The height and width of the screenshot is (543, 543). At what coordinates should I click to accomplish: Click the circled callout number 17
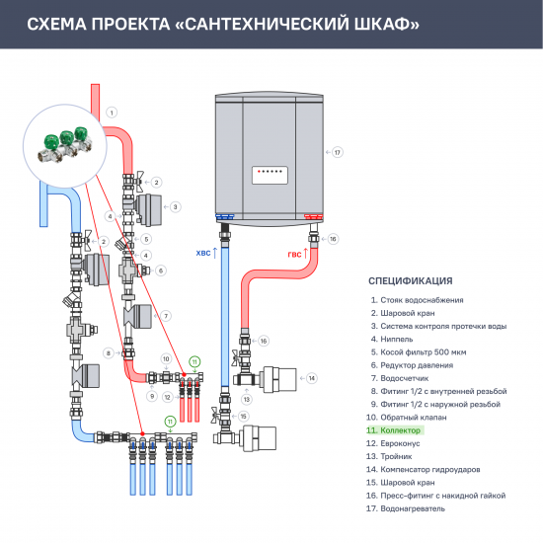[337, 152]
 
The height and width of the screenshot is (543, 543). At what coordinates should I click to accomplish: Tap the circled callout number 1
[113, 113]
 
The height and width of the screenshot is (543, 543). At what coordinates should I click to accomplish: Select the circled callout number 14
[310, 378]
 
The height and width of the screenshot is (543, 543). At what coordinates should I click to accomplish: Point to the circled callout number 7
[167, 316]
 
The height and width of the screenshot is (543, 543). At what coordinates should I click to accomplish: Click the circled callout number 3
[175, 207]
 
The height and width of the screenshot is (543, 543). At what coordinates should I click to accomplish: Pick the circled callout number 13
[247, 399]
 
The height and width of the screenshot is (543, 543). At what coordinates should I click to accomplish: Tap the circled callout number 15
[243, 417]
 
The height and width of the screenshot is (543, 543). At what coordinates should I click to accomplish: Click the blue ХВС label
[203, 253]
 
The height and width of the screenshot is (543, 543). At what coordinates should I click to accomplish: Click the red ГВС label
[295, 253]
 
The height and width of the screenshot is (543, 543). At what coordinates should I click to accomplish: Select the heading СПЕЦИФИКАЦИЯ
[410, 280]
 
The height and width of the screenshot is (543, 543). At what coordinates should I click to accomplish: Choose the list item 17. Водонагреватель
[407, 508]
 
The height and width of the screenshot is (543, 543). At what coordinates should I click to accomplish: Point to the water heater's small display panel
[271, 171]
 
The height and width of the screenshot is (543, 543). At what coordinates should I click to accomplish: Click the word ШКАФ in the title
[383, 23]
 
